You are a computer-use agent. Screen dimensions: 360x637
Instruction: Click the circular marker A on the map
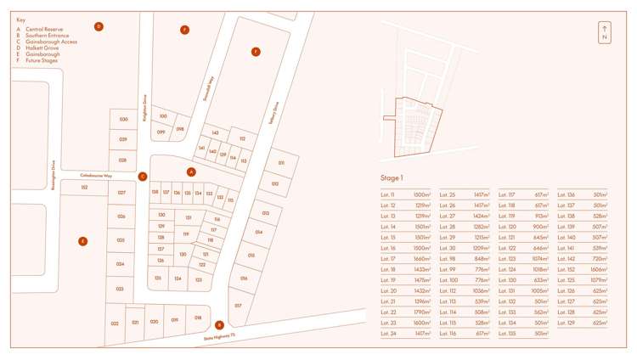point(191,172)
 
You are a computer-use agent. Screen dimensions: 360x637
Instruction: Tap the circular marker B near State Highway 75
point(219,324)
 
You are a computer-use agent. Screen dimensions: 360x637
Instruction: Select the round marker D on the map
point(99,26)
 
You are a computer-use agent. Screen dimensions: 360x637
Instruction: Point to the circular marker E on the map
point(82,241)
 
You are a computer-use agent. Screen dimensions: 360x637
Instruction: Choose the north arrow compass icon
point(604,32)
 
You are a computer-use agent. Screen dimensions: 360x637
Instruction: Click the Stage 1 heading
point(392,178)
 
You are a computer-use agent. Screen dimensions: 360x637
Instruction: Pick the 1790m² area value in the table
point(422,312)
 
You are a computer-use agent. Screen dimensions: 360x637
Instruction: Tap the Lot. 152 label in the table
point(567,269)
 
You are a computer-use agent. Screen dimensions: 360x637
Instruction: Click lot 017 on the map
point(238,304)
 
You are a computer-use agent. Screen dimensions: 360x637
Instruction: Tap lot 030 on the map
point(123,120)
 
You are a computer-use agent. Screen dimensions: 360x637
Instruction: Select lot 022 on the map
point(115,323)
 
